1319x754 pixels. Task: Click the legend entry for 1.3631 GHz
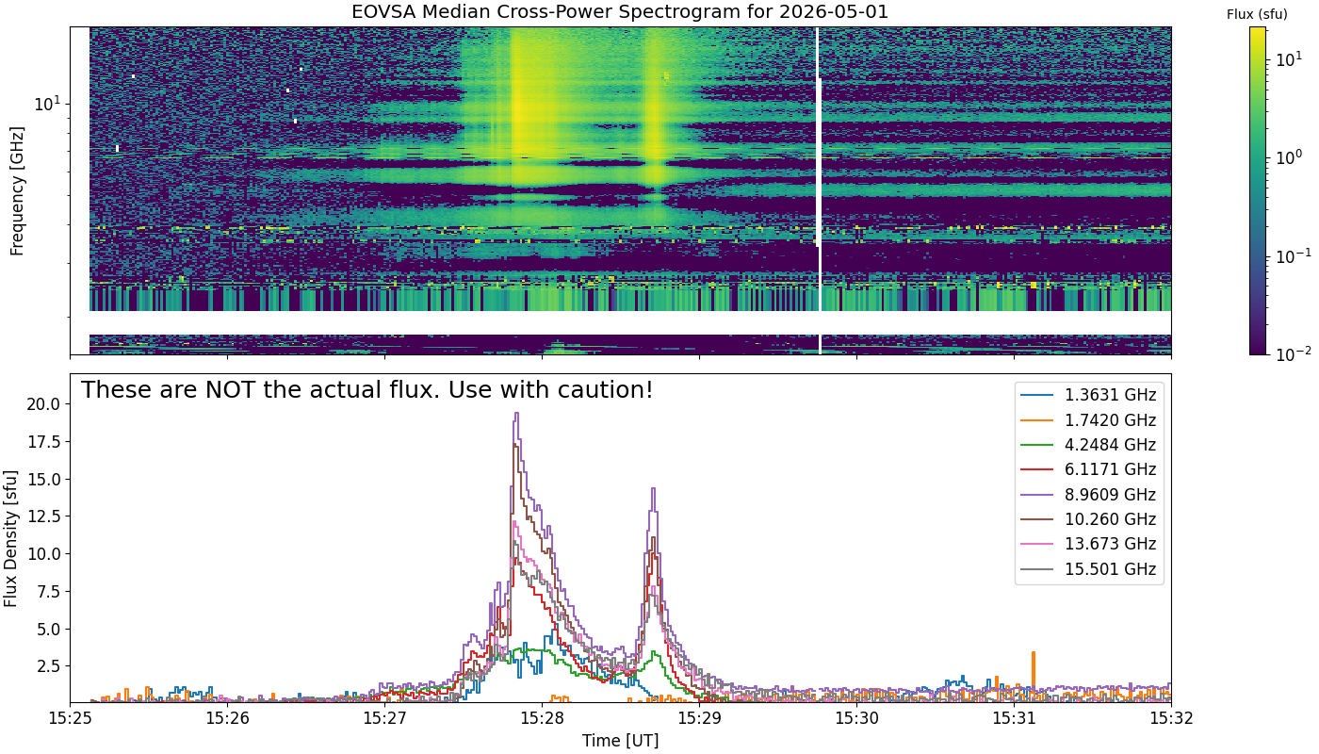pos(1088,395)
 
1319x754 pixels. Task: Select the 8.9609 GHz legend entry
pos(1088,494)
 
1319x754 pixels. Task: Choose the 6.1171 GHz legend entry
pos(1088,469)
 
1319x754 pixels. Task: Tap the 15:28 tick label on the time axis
pos(542,718)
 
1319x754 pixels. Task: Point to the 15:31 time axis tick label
pos(1014,718)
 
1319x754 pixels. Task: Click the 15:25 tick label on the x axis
pos(70,718)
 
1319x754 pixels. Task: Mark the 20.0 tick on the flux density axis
pos(43,404)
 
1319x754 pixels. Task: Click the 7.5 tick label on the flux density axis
pos(48,592)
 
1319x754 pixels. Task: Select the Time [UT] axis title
pos(620,741)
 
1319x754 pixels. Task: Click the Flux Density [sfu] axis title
pos(10,538)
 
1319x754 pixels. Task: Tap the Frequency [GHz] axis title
pos(17,190)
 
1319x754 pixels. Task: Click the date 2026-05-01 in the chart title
pos(833,11)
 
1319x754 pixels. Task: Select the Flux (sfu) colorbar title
pos(1257,14)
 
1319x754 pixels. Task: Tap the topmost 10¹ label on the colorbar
pos(1289,58)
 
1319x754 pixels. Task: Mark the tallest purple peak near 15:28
pos(516,413)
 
